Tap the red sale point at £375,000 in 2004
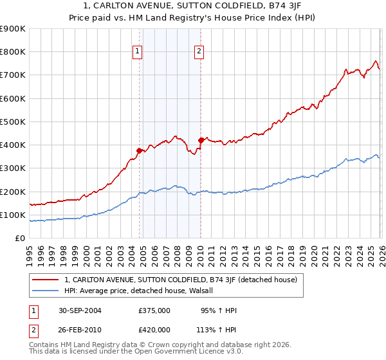(x=139, y=150)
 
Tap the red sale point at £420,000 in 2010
(x=201, y=139)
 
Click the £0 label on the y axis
(x=19, y=238)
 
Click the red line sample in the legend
(x=46, y=280)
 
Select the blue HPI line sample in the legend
(x=46, y=291)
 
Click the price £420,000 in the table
(x=154, y=329)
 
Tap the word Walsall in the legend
(x=207, y=291)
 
